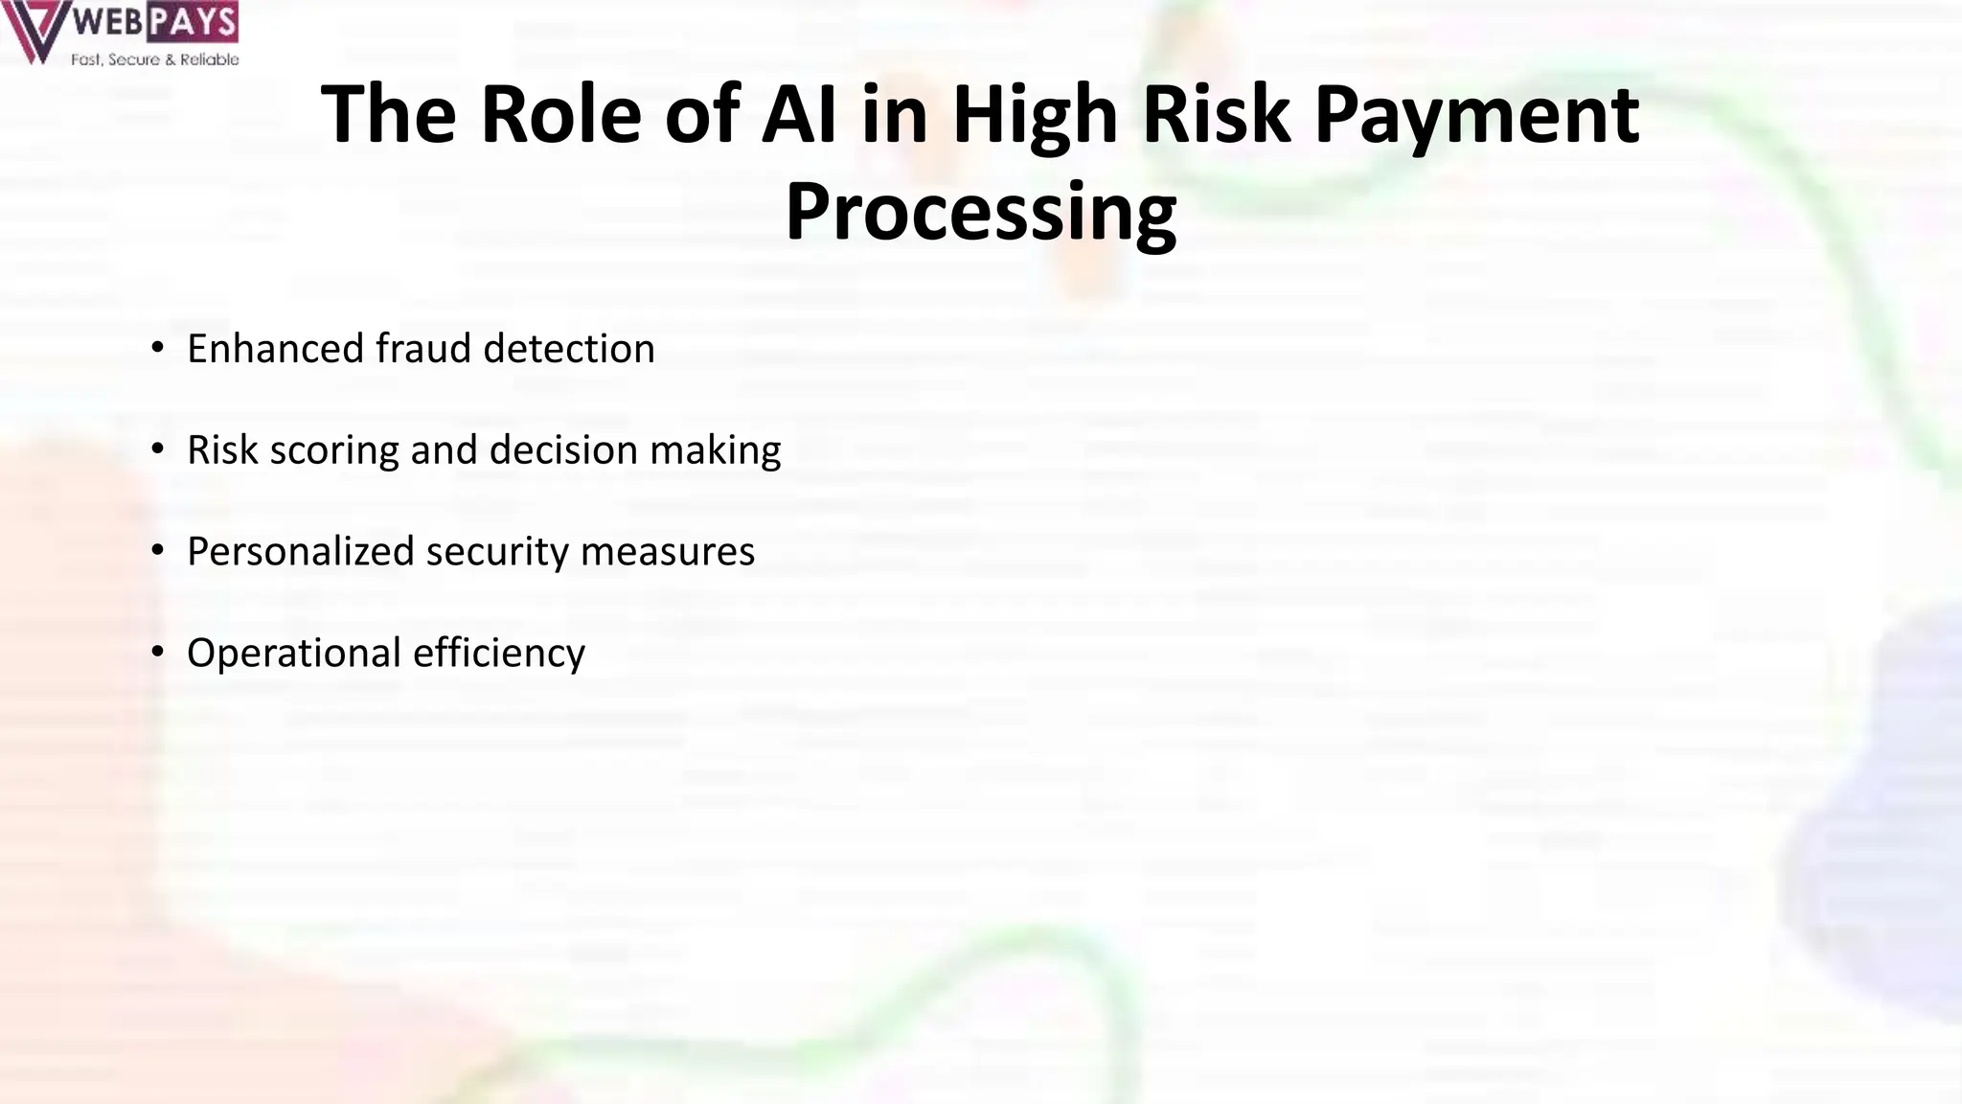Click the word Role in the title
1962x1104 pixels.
(x=559, y=115)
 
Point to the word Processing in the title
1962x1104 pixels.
(x=980, y=213)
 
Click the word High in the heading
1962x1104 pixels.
(x=1035, y=117)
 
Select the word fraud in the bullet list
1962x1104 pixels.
(x=423, y=349)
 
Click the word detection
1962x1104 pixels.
(x=569, y=349)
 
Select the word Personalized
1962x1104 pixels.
(x=300, y=552)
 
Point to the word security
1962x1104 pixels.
(x=497, y=552)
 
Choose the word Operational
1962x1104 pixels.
(x=293, y=654)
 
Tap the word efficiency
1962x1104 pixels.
(x=499, y=654)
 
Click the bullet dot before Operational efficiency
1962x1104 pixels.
(x=158, y=653)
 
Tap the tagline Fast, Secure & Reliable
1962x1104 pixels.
(x=154, y=59)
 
